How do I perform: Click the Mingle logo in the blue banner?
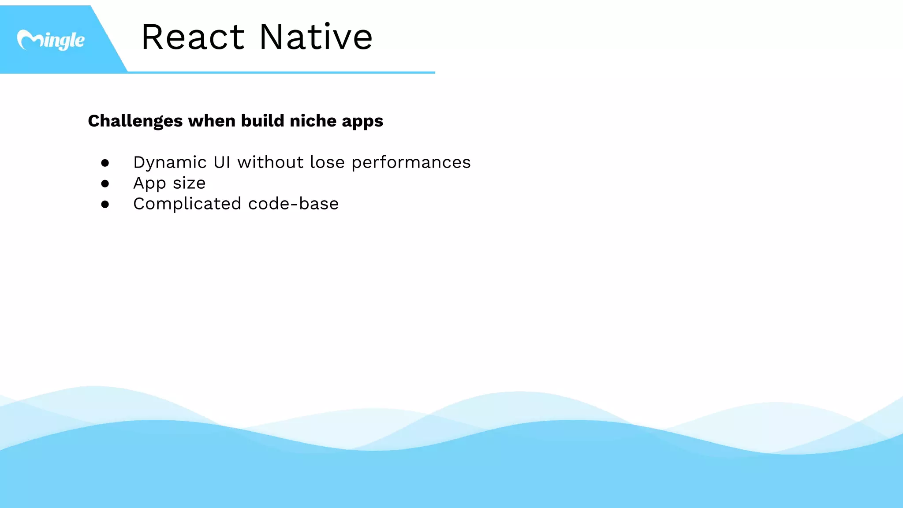(50, 40)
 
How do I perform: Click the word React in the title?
(193, 37)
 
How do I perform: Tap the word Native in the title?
(316, 37)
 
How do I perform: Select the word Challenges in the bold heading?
(135, 121)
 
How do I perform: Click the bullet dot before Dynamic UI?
(105, 163)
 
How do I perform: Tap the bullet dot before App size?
(105, 183)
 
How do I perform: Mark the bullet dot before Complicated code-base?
(105, 204)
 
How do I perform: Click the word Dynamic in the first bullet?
(170, 163)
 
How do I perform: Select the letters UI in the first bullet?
(222, 162)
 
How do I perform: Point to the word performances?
(411, 163)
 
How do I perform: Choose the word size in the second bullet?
(189, 183)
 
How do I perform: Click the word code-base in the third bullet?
(293, 204)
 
